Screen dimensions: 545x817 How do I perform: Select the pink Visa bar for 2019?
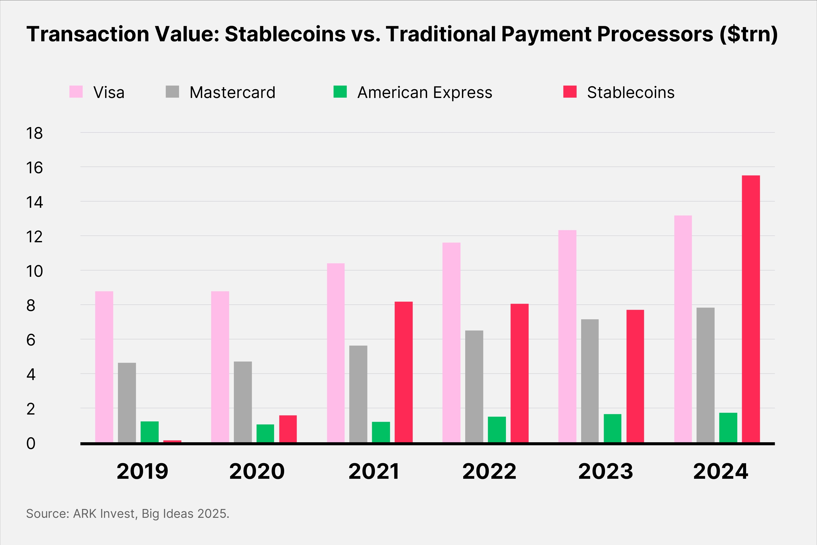pos(104,367)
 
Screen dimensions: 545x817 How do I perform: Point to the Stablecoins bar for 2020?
pos(288,429)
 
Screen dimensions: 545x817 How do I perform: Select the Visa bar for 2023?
pos(567,336)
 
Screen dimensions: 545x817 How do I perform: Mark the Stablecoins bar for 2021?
pos(403,372)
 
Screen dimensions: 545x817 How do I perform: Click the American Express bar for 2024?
pos(728,428)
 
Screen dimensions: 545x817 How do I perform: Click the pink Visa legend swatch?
pos(76,92)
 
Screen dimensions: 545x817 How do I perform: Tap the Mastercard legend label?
pos(232,92)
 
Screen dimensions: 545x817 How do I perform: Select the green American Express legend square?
pos(340,92)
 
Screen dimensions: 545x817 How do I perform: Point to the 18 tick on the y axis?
pos(34,133)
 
